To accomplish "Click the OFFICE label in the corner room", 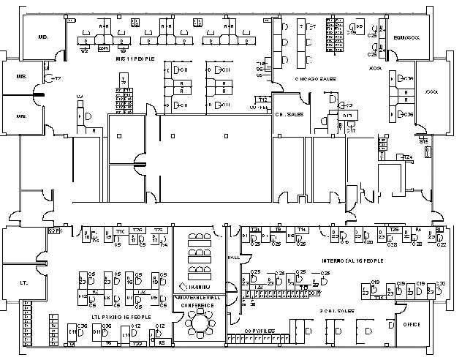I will [412, 323].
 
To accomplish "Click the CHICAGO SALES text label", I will [314, 77].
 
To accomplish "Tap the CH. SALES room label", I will [289, 114].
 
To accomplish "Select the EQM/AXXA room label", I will [406, 37].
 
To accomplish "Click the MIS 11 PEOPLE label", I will [135, 59].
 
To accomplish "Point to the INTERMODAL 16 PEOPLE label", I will [352, 260].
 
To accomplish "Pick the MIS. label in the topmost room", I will [43, 36].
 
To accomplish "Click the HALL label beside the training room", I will [234, 258].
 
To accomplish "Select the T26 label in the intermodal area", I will [394, 230].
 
